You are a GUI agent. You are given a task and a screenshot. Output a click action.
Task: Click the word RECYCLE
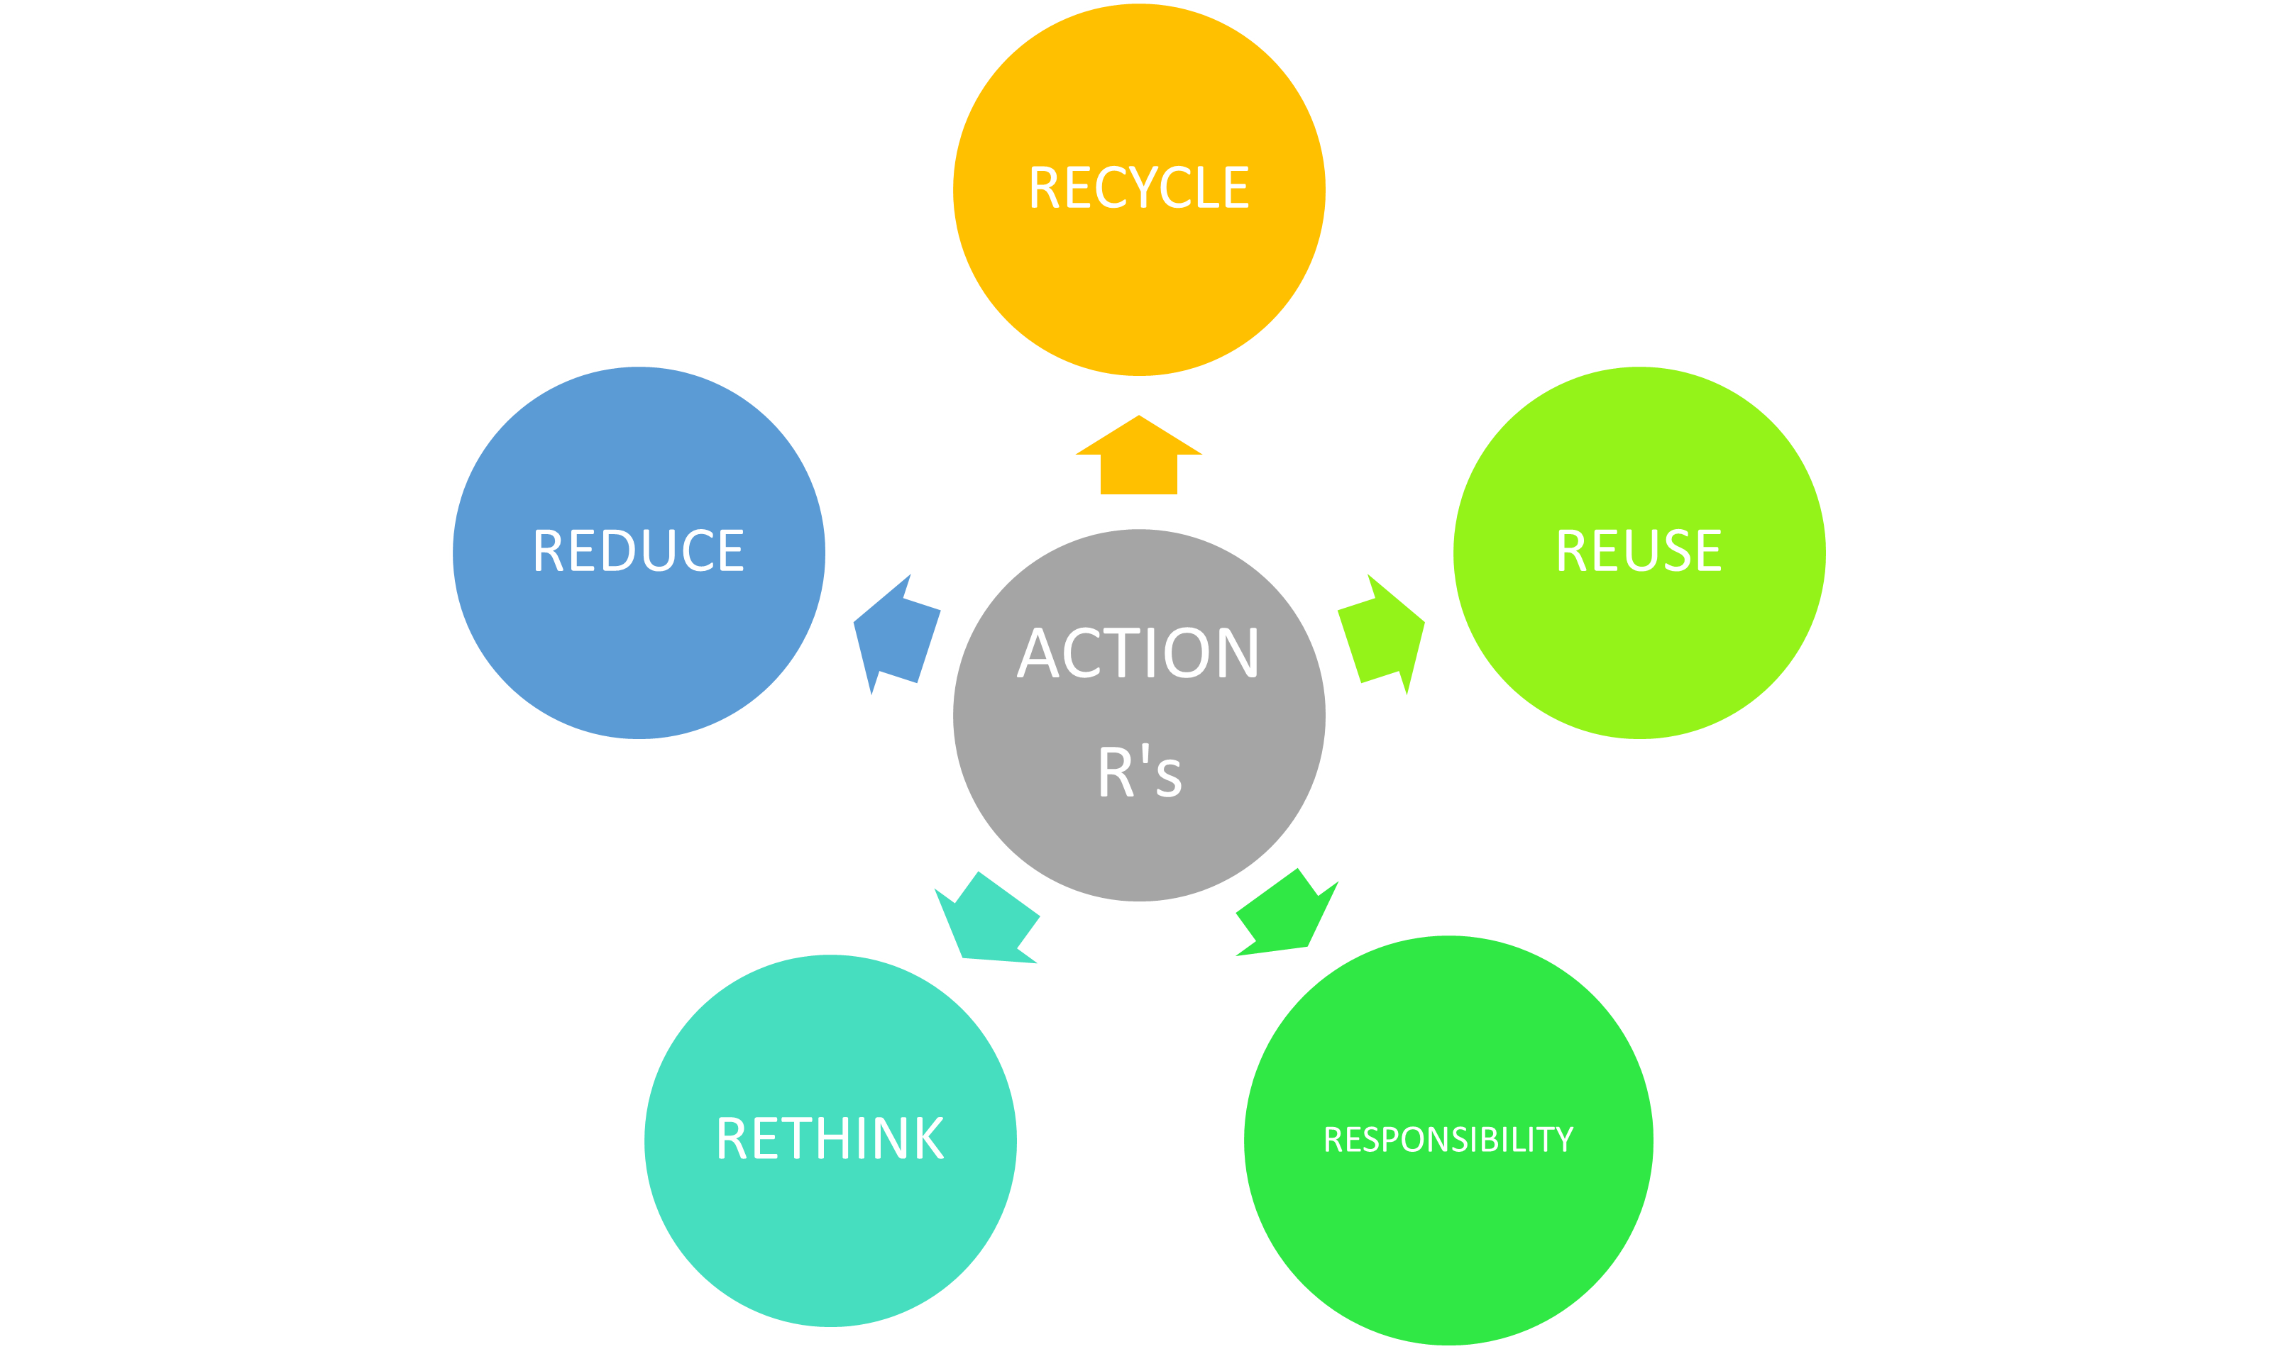pos(1138,187)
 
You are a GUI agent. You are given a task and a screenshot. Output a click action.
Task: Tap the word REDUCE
pos(639,551)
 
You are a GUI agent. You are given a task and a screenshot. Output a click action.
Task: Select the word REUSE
pos(1639,551)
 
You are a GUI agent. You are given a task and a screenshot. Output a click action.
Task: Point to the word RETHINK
pos(830,1138)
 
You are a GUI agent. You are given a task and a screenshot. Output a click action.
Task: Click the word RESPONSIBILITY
pos(1448,1139)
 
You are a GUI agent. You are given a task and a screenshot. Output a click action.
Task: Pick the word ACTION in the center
pos(1138,653)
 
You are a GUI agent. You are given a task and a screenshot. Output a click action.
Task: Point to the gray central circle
pos(1138,845)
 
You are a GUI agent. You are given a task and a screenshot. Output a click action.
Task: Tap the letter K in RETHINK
pos(928,1138)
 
